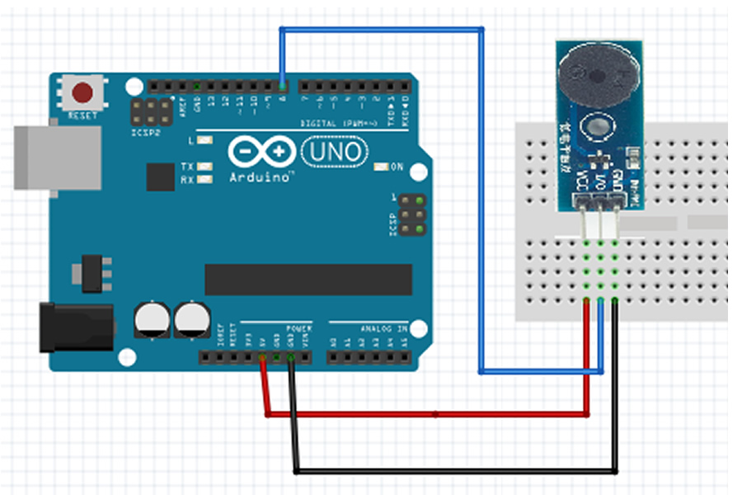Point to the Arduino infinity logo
point(261,152)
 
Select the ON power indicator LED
point(380,167)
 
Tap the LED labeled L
point(204,140)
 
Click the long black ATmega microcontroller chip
point(308,280)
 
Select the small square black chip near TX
point(160,177)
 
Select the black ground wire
point(453,471)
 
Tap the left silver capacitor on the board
point(153,319)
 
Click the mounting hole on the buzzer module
point(594,127)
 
